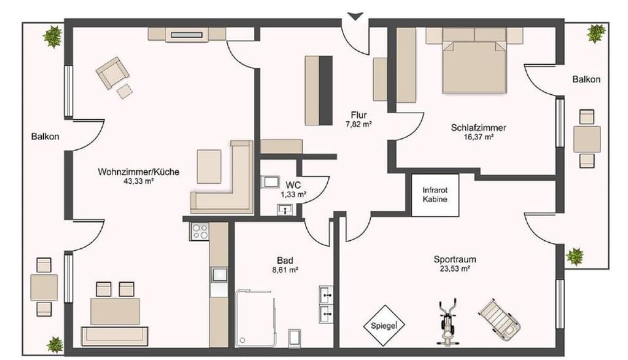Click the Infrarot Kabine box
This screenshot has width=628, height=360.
[x=434, y=194]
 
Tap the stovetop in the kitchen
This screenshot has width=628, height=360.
[x=199, y=231]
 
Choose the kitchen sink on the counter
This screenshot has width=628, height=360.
[x=218, y=275]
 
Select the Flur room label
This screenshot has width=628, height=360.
[x=358, y=115]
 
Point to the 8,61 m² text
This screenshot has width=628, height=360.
[x=285, y=269]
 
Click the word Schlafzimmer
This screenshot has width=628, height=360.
[x=478, y=128]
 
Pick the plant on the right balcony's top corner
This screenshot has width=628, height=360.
[x=596, y=33]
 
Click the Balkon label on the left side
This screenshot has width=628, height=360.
[x=45, y=137]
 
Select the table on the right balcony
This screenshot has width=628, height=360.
[x=587, y=139]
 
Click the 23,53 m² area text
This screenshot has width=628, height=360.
[x=455, y=268]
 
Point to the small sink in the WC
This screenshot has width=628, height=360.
[x=285, y=209]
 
